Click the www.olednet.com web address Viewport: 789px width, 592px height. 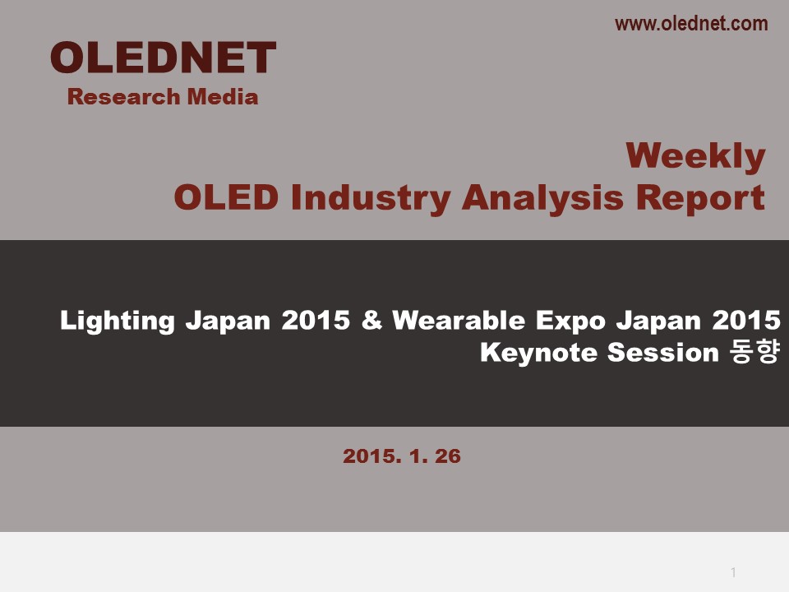click(x=691, y=24)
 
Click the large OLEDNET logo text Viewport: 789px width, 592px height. click(x=163, y=58)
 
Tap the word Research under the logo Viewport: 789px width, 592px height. click(x=124, y=97)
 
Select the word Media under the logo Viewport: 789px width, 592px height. click(x=223, y=97)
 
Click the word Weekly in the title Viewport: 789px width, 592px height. click(x=695, y=156)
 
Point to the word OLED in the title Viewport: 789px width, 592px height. click(x=226, y=197)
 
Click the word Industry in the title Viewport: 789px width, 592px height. click(x=371, y=198)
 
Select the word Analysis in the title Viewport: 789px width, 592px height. click(x=542, y=198)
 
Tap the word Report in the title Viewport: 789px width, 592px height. click(x=700, y=198)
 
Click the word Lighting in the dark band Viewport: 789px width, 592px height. click(x=118, y=321)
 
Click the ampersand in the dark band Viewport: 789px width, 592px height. click(x=371, y=320)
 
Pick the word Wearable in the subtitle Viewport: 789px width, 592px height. click(x=459, y=320)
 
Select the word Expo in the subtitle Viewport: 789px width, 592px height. click(x=570, y=321)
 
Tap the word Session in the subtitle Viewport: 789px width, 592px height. click(x=662, y=352)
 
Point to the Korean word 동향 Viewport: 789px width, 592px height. click(x=754, y=351)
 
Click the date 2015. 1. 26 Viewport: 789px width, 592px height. click(x=402, y=456)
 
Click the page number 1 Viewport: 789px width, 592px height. click(x=733, y=572)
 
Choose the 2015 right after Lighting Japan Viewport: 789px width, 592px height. click(x=316, y=320)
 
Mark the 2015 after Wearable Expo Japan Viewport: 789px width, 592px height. click(x=746, y=320)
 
